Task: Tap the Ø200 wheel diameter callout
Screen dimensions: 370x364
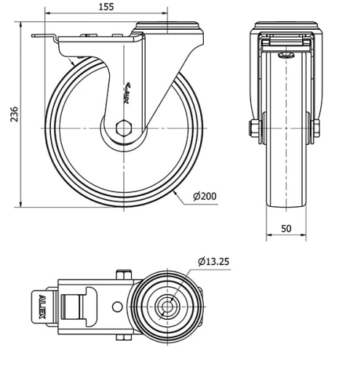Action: [205, 197]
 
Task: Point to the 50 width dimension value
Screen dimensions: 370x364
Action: [286, 228]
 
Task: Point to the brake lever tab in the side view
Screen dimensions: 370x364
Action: [44, 38]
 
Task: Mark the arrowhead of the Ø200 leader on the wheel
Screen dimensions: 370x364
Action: [177, 192]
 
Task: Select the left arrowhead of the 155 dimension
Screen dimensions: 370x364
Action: [47, 15]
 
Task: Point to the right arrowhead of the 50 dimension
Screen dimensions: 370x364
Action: [305, 236]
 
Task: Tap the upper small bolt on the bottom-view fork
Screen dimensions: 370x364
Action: [122, 274]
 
